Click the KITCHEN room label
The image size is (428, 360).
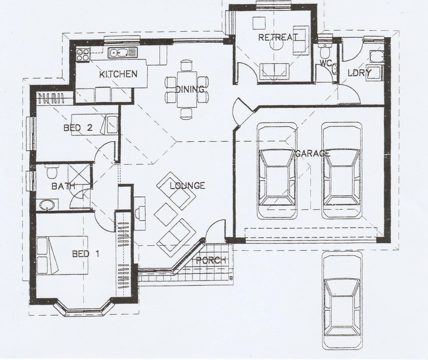tap(118, 74)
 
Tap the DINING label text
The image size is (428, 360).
tap(190, 89)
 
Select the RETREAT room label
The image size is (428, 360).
tap(278, 37)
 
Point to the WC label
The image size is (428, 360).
tap(326, 63)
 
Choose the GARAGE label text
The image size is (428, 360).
tap(313, 153)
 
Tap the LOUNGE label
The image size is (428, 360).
tap(187, 186)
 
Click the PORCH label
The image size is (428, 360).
tap(211, 260)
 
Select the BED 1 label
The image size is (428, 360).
tap(85, 254)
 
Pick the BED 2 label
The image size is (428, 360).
tap(78, 128)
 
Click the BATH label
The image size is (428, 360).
tap(63, 186)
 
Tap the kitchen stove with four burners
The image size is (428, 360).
tap(83, 55)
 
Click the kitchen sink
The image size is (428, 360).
tap(119, 53)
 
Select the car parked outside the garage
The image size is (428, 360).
tap(342, 300)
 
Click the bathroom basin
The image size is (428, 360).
tap(46, 205)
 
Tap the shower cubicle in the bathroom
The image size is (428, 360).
tap(80, 174)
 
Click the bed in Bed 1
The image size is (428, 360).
tap(62, 255)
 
